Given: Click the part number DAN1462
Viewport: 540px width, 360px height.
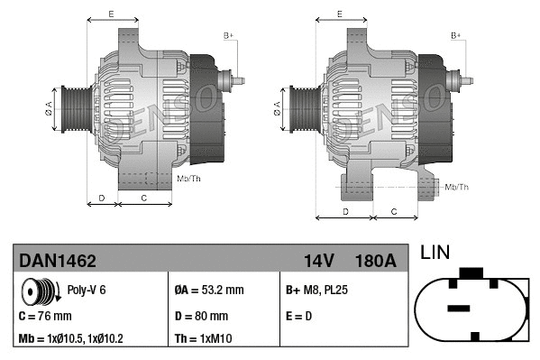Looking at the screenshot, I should pos(58,261).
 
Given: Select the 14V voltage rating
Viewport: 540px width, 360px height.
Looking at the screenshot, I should pos(318,261).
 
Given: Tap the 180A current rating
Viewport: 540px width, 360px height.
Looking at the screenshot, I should pos(377,261).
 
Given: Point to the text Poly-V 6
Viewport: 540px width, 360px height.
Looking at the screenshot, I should pos(87,291).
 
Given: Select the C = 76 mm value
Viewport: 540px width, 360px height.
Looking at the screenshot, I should pos(46,317).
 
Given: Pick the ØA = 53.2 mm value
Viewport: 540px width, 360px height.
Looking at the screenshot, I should pos(208,291).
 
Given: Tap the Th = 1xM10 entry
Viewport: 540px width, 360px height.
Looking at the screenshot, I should pos(204,339).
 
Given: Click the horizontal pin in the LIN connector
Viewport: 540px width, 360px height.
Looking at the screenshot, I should pos(459,309).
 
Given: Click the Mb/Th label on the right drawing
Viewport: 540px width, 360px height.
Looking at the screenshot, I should pos(457,187).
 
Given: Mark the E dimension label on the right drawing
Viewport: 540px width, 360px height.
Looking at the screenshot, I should pos(339,14).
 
